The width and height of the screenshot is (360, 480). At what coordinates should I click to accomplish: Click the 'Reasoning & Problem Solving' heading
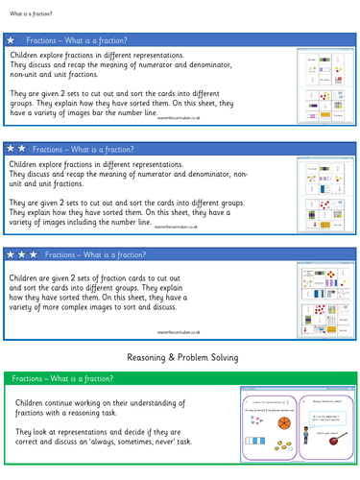coord(180,357)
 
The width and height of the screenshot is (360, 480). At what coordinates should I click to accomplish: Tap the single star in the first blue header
coord(12,42)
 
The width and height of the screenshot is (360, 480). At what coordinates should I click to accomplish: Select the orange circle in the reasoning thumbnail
coord(283,423)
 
